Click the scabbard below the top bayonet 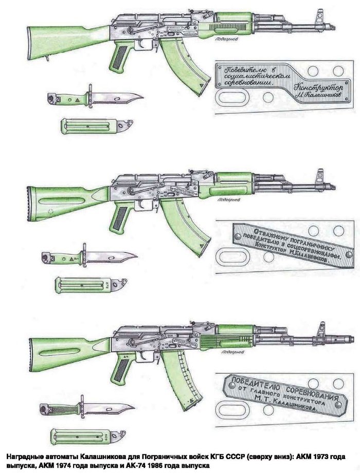(x=93, y=126)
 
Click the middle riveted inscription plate (x=288, y=245)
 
